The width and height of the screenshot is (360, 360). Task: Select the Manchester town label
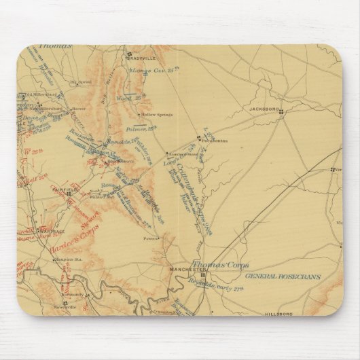click(177, 270)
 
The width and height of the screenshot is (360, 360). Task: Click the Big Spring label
click(79, 82)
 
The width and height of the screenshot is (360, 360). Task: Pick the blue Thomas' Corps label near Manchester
click(219, 264)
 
